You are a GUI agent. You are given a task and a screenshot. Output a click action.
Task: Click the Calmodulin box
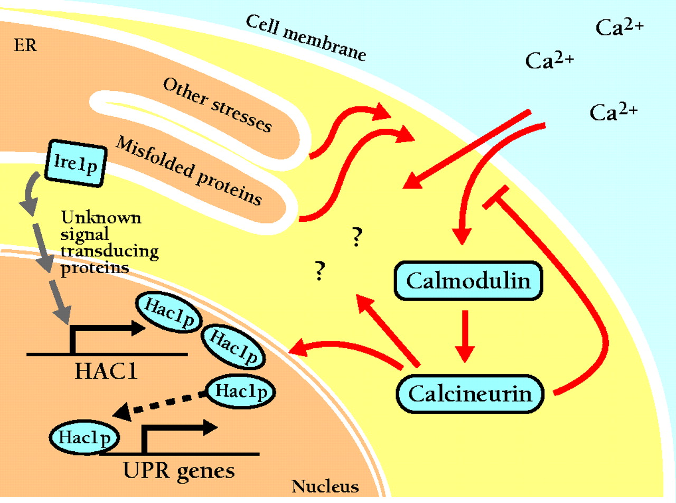pos(469,281)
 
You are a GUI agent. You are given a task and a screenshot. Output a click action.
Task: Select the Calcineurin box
pos(469,393)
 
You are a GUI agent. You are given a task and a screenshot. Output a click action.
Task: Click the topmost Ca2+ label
pos(619,28)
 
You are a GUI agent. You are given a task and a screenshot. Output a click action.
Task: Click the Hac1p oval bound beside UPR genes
pos(84,437)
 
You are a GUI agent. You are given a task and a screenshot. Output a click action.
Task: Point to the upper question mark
pos(356,238)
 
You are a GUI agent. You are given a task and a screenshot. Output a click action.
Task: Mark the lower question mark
pos(318,271)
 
